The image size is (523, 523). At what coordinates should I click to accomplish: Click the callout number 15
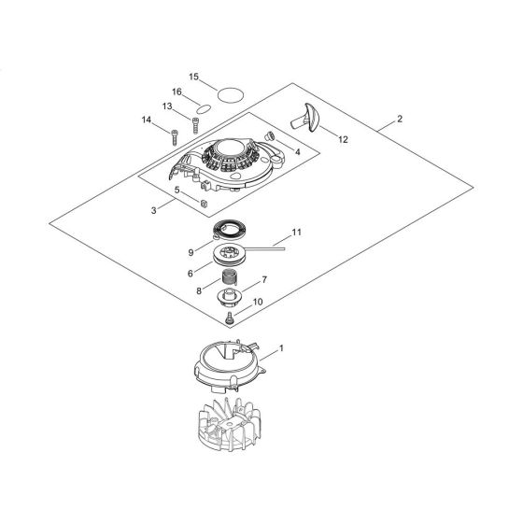[194, 77]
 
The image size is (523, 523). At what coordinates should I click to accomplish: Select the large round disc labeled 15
[231, 94]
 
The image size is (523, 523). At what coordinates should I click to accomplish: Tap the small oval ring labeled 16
[204, 108]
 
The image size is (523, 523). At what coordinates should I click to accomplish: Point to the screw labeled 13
[195, 125]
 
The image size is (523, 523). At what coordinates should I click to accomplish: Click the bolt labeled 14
[174, 137]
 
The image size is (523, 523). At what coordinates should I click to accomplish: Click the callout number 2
[400, 119]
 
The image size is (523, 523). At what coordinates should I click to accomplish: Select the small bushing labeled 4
[269, 135]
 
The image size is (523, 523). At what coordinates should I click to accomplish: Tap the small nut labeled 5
[205, 204]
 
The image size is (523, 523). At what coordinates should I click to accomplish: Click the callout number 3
[153, 210]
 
